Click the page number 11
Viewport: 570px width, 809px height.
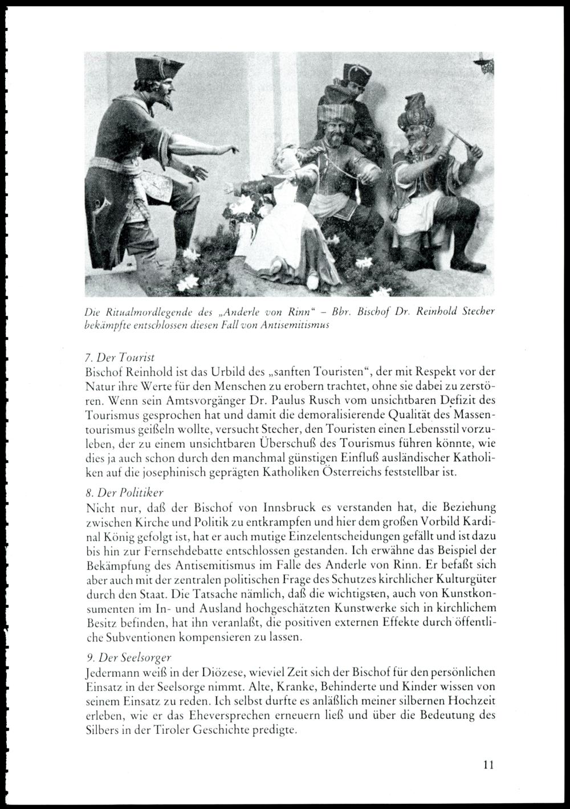click(x=486, y=765)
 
